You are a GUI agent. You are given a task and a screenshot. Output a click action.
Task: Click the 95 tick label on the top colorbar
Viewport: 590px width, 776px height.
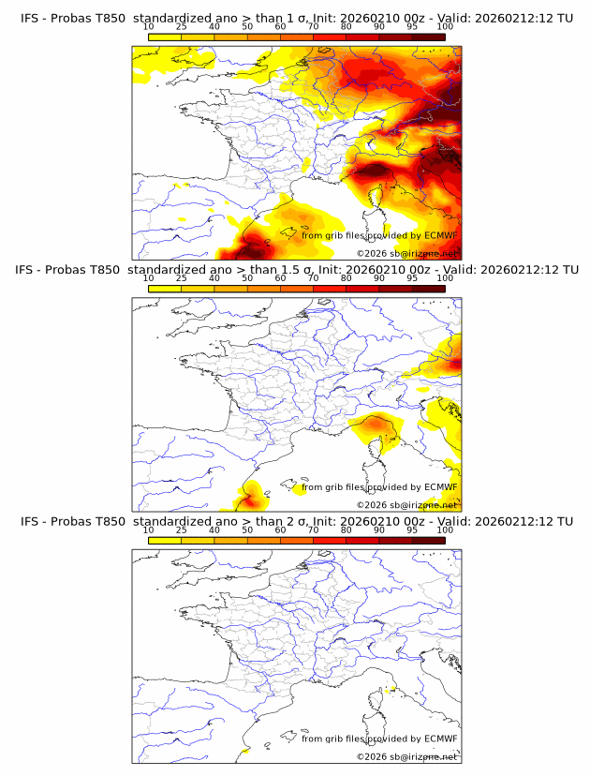(412, 26)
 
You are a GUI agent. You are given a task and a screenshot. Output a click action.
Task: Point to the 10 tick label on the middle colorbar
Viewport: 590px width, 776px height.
(149, 278)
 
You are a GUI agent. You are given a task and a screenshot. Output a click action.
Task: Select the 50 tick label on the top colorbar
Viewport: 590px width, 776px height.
(247, 26)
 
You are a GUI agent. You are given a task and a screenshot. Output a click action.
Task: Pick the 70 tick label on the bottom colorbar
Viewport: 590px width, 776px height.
(313, 530)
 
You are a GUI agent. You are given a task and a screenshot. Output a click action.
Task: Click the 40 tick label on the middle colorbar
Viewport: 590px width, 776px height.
(214, 278)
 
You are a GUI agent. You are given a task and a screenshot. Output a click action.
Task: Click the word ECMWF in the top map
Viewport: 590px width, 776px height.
(440, 235)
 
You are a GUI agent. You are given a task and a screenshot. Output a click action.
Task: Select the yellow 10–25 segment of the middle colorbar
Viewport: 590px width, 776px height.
(165, 289)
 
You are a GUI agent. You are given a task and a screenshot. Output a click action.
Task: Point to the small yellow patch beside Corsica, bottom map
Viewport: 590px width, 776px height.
(392, 692)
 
